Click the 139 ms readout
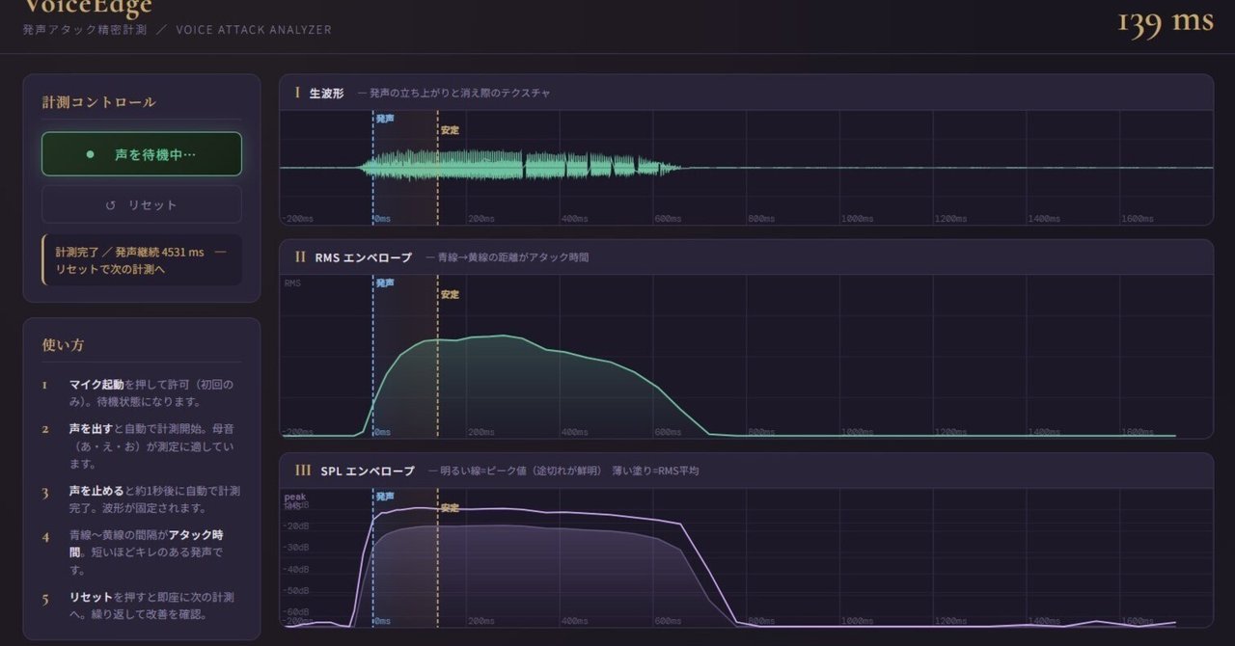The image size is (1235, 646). [x=1165, y=23]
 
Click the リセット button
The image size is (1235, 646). [x=141, y=204]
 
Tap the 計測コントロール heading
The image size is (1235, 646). [x=98, y=102]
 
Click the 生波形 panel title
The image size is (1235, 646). [x=326, y=93]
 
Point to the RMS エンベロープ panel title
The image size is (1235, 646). [x=363, y=257]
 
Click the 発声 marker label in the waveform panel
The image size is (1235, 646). [x=384, y=119]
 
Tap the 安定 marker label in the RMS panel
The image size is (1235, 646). [x=450, y=295]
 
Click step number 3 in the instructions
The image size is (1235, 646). [x=44, y=492]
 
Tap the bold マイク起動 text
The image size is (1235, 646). [x=96, y=385]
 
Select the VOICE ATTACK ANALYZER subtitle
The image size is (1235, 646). [x=254, y=30]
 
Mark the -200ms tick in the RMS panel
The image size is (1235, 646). [x=299, y=433]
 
